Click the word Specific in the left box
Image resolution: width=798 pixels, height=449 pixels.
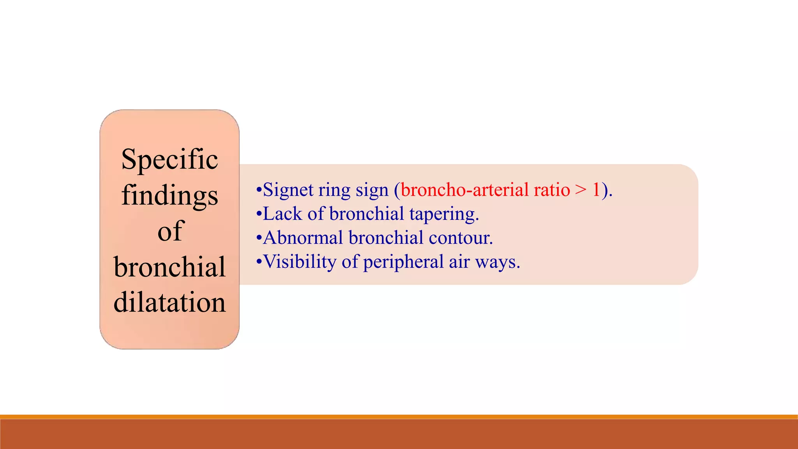coord(169,159)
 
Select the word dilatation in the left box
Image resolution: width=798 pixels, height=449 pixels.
coord(169,302)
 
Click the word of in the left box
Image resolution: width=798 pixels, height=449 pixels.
coord(170,231)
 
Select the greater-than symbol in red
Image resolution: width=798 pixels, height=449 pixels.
coord(581,190)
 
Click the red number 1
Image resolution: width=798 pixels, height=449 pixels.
coord(596,190)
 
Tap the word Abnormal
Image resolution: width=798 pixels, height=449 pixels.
coord(303,238)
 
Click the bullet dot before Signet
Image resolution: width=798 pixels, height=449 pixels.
coord(259,191)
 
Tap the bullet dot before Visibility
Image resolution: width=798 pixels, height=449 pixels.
coord(259,262)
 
